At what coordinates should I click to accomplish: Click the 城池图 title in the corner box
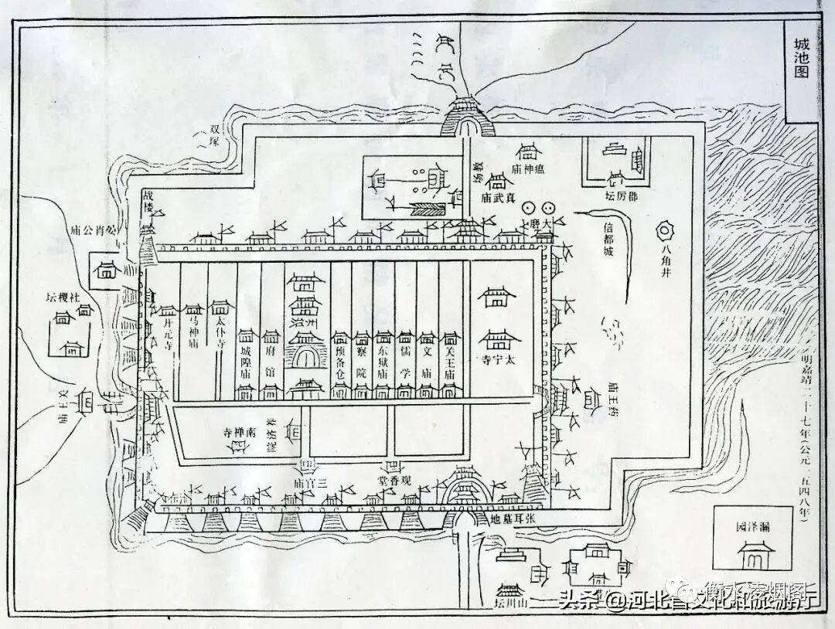click(800, 67)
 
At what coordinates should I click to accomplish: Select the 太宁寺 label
click(497, 359)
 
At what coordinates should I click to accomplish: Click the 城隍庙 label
click(246, 364)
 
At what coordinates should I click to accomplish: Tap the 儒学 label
click(406, 359)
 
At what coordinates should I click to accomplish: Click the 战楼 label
click(147, 202)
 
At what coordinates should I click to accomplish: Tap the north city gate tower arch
click(467, 123)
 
